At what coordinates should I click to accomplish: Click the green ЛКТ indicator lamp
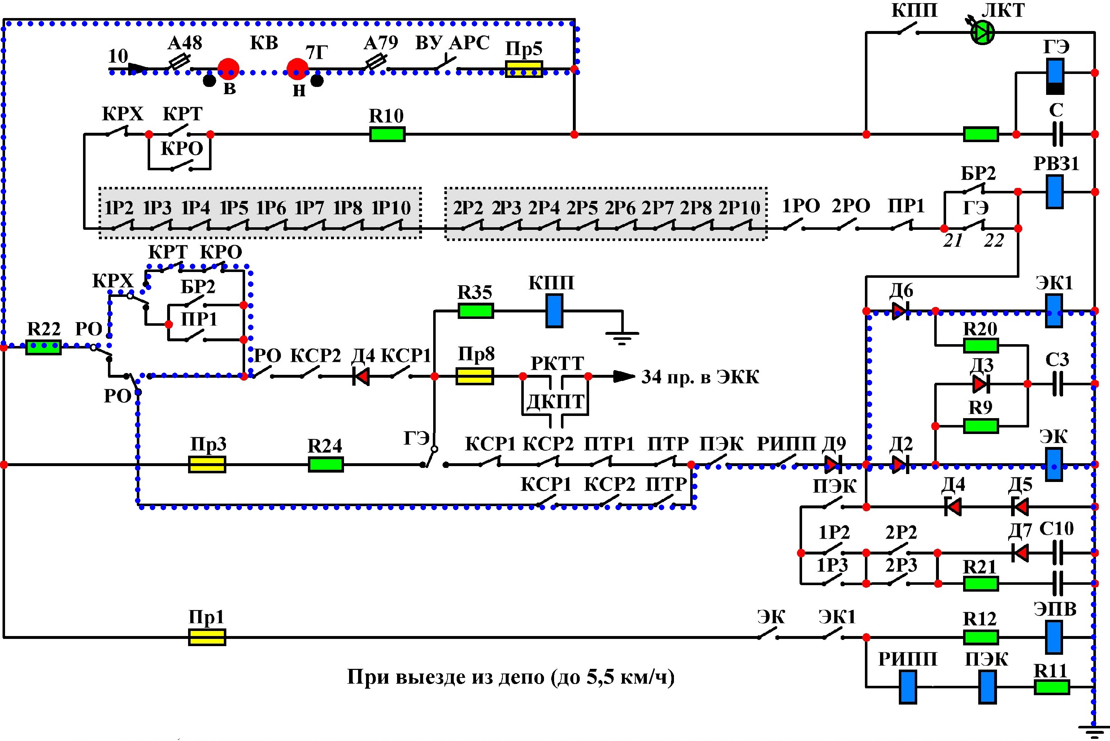click(982, 32)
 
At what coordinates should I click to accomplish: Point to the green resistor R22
click(43, 347)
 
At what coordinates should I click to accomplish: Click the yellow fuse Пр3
click(207, 465)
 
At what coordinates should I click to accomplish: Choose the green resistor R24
click(326, 465)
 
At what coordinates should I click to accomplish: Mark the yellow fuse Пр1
click(207, 637)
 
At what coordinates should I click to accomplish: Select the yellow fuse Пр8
click(475, 376)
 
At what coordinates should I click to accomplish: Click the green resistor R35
click(475, 311)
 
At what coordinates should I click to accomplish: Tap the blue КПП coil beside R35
click(554, 311)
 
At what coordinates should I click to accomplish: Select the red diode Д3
click(980, 384)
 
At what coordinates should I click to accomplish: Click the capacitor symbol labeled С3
click(1058, 384)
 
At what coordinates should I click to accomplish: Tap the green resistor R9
click(981, 426)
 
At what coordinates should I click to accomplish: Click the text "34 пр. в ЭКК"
click(700, 377)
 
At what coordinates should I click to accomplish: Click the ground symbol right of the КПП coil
click(622, 337)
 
